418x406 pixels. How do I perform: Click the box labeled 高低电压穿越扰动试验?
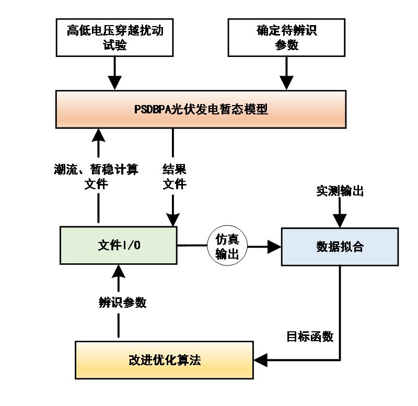[115, 38]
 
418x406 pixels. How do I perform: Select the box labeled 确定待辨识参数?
[286, 38]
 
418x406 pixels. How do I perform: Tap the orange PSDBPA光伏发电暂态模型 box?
[201, 109]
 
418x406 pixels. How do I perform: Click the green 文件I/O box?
[119, 246]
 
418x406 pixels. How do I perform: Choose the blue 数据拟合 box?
[340, 246]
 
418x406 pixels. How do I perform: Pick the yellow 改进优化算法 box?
[164, 360]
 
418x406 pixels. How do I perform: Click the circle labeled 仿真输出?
[227, 246]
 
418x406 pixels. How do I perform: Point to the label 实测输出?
[340, 191]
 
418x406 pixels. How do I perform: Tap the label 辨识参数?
[122, 303]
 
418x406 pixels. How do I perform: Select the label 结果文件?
[175, 177]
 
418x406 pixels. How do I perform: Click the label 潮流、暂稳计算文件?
[96, 177]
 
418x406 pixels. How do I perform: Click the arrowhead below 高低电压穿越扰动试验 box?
[114, 82]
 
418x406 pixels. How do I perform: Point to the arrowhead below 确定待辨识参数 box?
[286, 82]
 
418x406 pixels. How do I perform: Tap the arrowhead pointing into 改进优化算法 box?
[261, 360]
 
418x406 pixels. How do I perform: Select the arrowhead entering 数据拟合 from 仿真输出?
[274, 246]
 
